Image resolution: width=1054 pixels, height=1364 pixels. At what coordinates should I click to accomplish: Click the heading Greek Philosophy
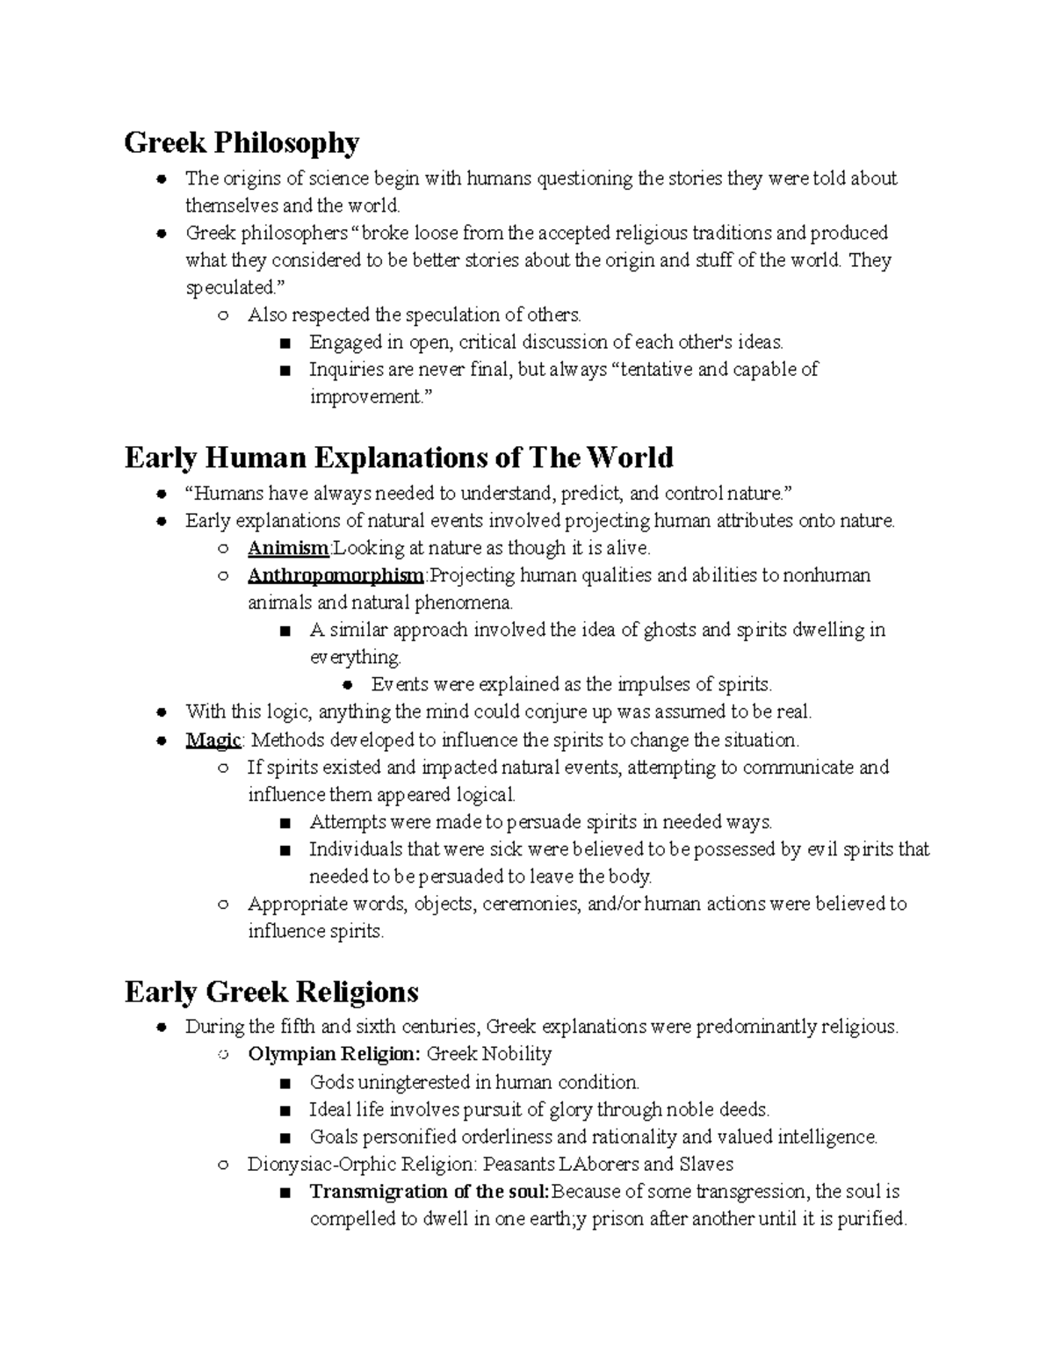tap(242, 142)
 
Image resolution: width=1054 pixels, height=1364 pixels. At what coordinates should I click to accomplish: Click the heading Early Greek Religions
tap(271, 992)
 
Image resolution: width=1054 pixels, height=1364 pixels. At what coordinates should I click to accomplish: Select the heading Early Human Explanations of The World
tap(399, 458)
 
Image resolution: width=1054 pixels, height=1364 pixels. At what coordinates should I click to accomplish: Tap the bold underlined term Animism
tap(287, 548)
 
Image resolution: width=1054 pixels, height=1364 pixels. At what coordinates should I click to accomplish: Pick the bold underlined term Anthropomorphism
tap(336, 575)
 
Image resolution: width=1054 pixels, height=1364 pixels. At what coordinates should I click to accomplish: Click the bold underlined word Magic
tap(213, 740)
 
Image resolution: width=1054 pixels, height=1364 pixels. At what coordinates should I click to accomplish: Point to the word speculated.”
tap(231, 288)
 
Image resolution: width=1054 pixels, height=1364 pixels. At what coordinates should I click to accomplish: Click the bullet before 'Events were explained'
tap(348, 685)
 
